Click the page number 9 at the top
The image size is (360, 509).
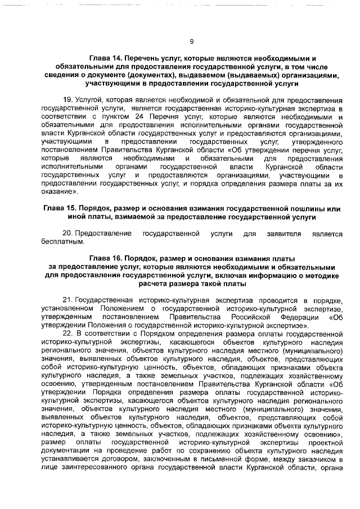(x=191, y=41)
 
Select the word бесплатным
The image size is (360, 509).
(x=63, y=242)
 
